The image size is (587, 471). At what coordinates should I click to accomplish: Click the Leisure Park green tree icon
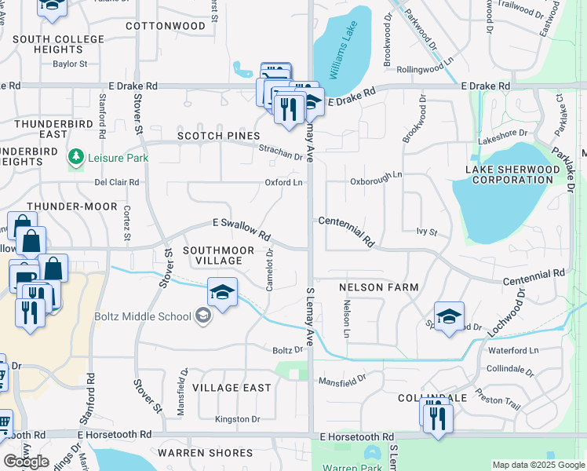76,157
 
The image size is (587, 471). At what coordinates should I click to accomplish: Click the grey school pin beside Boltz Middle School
204,316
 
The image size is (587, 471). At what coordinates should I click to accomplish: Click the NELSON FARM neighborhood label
378,287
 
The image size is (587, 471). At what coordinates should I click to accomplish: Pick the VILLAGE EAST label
232,388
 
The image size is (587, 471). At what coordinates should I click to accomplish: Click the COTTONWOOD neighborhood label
165,26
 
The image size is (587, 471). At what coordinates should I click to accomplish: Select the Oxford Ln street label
283,183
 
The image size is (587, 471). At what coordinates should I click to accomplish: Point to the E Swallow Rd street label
242,228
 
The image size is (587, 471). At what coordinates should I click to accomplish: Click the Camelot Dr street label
269,270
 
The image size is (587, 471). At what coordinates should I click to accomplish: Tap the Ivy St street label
426,232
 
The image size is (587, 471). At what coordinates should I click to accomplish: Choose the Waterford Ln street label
512,351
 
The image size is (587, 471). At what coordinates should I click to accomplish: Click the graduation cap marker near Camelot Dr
223,293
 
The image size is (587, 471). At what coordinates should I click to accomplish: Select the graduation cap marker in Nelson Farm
449,316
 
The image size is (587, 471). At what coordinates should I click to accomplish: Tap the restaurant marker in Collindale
438,417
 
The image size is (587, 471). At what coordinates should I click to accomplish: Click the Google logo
26,461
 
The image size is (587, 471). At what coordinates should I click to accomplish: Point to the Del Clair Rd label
116,182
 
